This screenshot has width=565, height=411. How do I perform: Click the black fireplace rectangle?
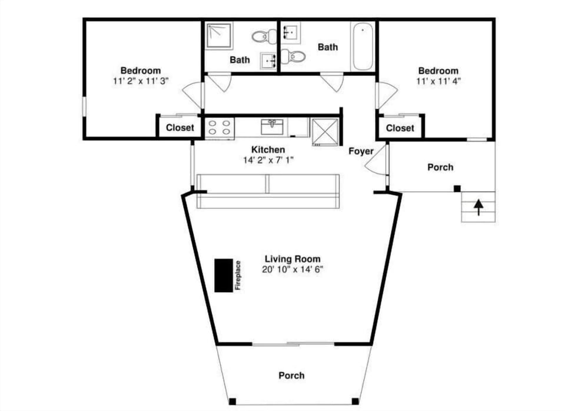pos(223,275)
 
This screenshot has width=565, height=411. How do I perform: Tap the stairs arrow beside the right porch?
pos(478,207)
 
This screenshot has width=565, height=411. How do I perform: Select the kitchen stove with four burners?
pos(220,128)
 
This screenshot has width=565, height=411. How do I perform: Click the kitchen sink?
pos(271,126)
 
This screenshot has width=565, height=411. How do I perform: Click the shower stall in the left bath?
pos(218,35)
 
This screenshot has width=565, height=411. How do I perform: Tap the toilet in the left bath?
pos(264,36)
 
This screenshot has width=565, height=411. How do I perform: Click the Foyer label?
pos(361,151)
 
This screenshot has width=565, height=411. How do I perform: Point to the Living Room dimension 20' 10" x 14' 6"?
pos(293,269)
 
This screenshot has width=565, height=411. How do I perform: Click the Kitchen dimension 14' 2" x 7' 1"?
pos(268,160)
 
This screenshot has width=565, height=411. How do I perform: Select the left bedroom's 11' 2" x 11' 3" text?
pos(141,81)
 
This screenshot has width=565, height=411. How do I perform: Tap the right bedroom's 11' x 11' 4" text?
pos(438,81)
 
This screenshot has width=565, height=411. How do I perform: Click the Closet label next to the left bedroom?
pos(180,128)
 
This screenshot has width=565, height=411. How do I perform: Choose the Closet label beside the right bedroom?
pos(400,128)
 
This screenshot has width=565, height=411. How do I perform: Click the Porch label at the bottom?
pos(291,375)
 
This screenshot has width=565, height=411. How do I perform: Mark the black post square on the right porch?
pos(457,188)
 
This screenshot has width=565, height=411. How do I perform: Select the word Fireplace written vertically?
pos(238,275)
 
